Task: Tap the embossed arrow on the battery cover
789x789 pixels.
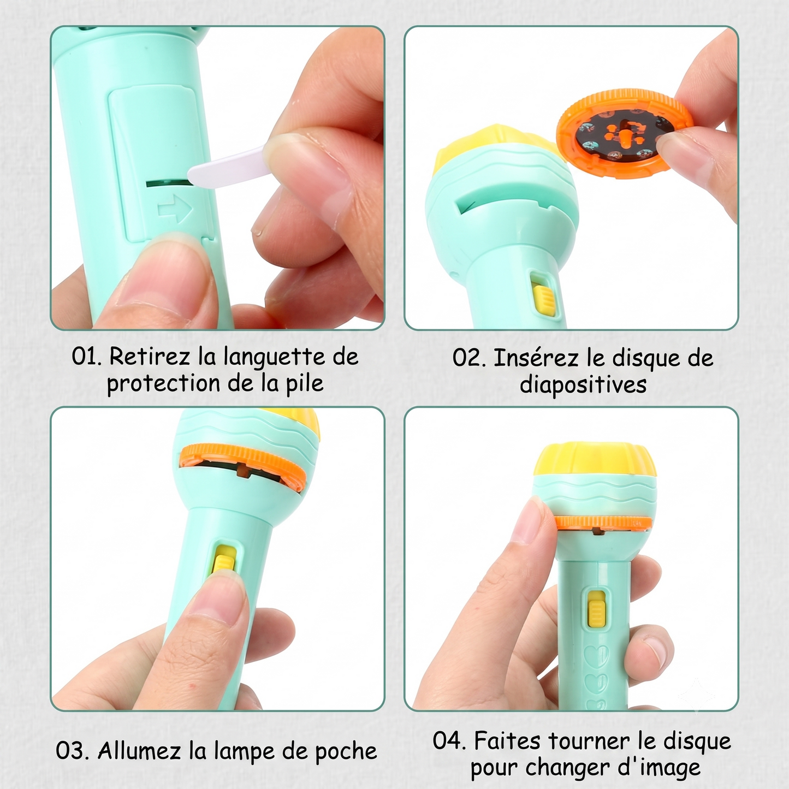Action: click(x=175, y=209)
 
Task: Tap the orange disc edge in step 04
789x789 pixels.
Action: click(x=604, y=523)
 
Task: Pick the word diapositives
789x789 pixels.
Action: click(x=583, y=385)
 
